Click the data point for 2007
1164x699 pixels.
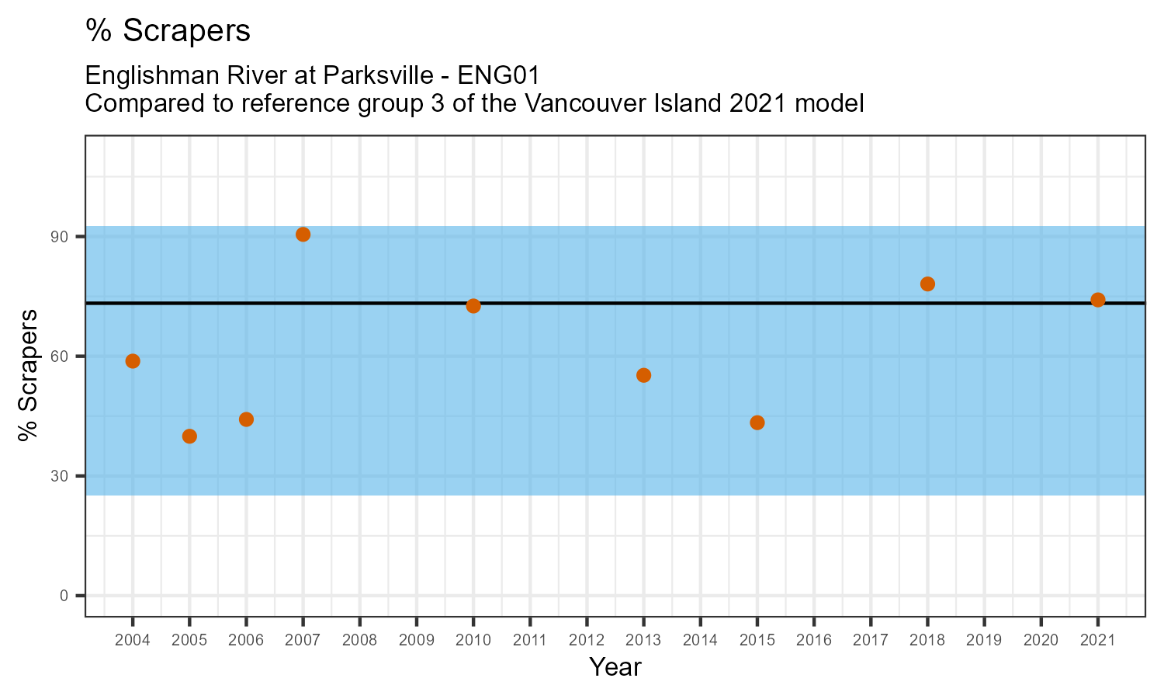click(303, 235)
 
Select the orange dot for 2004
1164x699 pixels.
click(133, 361)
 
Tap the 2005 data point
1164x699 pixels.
click(189, 436)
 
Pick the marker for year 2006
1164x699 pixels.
click(246, 419)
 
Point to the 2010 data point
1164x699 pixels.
click(473, 306)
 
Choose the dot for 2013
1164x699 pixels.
click(643, 375)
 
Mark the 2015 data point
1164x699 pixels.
click(757, 423)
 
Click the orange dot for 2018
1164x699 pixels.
click(927, 284)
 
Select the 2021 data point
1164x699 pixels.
click(1098, 300)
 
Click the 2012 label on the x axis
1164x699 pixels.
click(587, 641)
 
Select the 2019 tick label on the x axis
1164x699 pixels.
click(984, 641)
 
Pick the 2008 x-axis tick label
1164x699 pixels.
click(359, 641)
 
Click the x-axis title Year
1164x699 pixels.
click(615, 667)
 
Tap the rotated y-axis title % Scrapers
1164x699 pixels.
click(29, 375)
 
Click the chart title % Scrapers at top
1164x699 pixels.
click(168, 31)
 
